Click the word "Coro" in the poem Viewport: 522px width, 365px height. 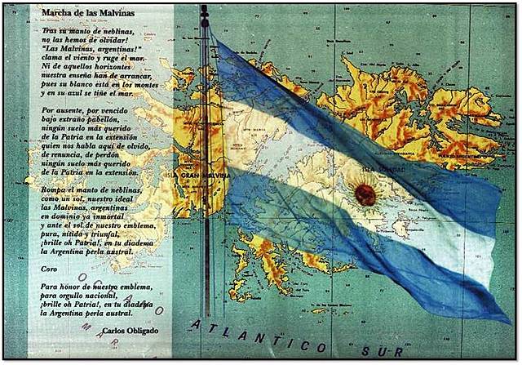click(x=51, y=268)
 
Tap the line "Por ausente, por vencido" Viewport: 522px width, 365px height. click(x=87, y=109)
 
